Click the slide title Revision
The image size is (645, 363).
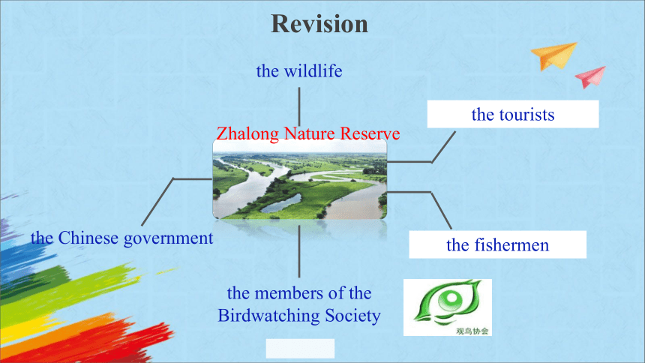tap(319, 24)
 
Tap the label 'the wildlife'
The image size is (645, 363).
tap(299, 70)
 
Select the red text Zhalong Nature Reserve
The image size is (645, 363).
tap(308, 133)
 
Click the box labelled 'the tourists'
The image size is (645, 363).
tap(513, 114)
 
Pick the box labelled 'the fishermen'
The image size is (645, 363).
tap(498, 244)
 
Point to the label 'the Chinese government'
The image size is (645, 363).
tap(121, 238)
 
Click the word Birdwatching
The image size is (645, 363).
tap(269, 316)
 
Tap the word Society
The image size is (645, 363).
tap(352, 316)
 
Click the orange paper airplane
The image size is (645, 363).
tap(554, 55)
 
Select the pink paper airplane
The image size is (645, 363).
tap(591, 76)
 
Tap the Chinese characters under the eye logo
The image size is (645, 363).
tap(472, 331)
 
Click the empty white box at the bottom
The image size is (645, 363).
tap(300, 348)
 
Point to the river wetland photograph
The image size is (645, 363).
tap(300, 179)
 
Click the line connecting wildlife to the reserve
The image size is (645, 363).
tap(299, 107)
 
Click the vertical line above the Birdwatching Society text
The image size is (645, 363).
tap(299, 251)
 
